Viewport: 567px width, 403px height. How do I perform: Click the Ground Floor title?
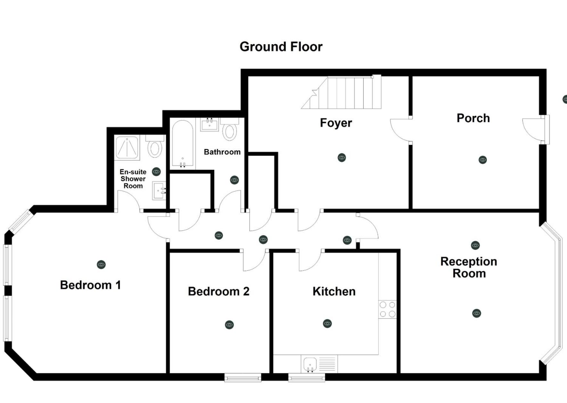[x=281, y=47]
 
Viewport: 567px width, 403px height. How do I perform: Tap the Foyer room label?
[x=336, y=123]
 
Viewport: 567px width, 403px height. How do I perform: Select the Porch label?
[x=473, y=118]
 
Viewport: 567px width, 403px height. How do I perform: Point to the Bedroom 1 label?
[x=90, y=285]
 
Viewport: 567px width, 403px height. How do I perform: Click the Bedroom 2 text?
[x=218, y=291]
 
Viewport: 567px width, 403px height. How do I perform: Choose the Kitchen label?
[x=334, y=291]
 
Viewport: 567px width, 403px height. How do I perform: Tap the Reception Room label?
[x=469, y=267]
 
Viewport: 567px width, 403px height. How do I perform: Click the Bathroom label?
[x=222, y=152]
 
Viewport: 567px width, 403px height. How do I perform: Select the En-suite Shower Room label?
[x=133, y=179]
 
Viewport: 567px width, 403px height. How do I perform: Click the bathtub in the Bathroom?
[x=183, y=144]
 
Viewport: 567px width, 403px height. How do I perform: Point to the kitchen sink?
[x=310, y=364]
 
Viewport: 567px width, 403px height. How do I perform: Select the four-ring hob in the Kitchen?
[x=387, y=309]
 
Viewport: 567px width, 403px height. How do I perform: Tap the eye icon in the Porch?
[x=482, y=160]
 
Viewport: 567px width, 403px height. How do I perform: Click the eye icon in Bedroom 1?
[x=101, y=265]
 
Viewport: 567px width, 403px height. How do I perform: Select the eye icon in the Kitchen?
[x=327, y=324]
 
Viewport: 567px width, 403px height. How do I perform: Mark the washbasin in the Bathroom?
[x=210, y=125]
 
